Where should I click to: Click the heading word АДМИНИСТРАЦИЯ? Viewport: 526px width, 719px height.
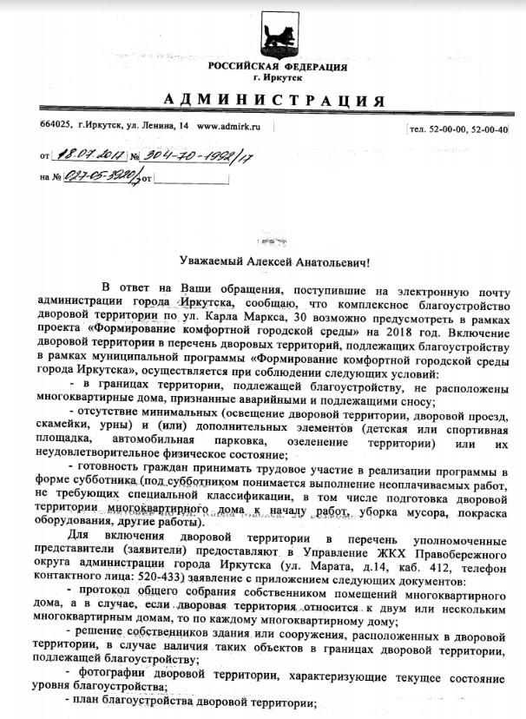pos(273,97)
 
